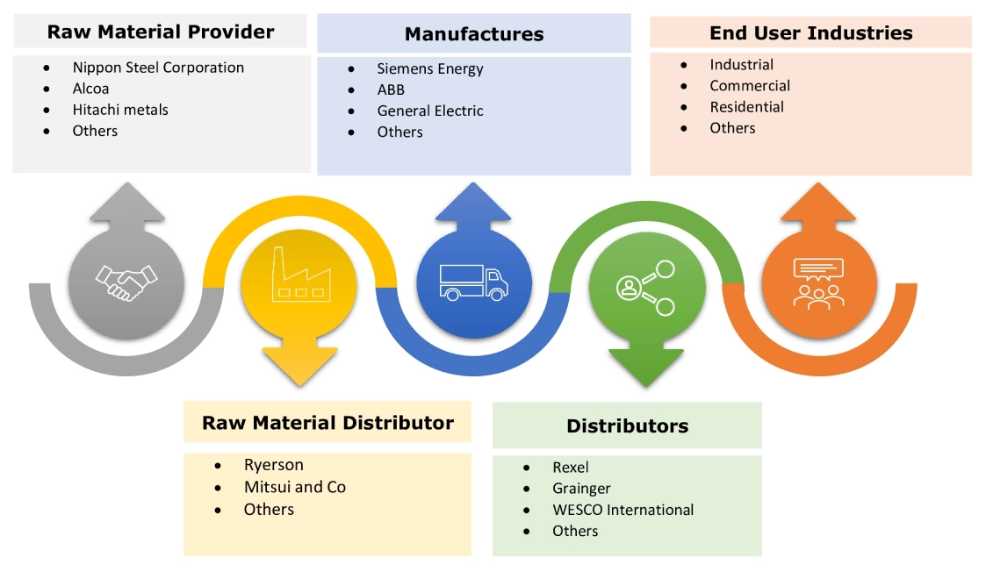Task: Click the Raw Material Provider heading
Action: (161, 32)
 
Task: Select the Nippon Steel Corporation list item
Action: (158, 68)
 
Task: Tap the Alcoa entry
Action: (92, 89)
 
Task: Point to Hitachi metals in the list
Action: (120, 110)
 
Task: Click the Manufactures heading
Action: (474, 34)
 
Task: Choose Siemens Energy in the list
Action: (430, 68)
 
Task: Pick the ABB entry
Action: (392, 89)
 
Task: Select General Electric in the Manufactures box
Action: (430, 111)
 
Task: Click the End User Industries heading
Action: (810, 33)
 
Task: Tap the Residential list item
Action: (746, 107)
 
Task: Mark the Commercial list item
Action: (750, 86)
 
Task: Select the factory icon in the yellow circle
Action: (299, 278)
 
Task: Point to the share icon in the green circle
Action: (647, 287)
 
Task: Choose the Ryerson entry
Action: (273, 465)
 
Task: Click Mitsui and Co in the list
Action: (294, 487)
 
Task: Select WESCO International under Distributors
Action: (623, 510)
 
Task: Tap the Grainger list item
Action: (581, 489)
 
